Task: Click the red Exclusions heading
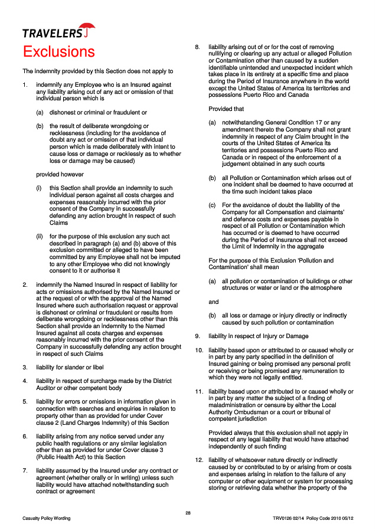(58, 51)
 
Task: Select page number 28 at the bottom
(188, 512)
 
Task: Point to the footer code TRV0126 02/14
(289, 519)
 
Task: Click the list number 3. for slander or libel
(24, 367)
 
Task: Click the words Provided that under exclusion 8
(226, 109)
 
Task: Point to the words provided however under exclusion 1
(60, 174)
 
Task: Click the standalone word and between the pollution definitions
(214, 301)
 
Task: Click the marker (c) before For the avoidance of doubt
(211, 205)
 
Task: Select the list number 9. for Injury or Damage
(198, 336)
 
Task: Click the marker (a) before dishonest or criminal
(40, 112)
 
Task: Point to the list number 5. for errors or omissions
(24, 402)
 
